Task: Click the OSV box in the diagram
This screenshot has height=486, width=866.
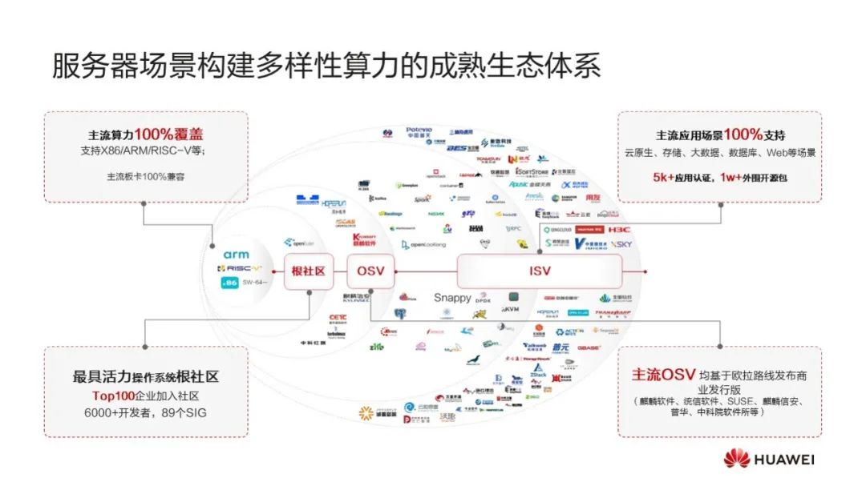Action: click(370, 271)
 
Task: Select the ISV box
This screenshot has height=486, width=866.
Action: click(540, 271)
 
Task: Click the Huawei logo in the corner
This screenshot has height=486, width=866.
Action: click(769, 460)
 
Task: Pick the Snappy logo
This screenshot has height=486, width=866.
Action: click(452, 298)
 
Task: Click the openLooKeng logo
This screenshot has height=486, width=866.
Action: click(423, 245)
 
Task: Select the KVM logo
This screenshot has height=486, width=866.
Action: click(510, 308)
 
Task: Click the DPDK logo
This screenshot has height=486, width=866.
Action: click(483, 301)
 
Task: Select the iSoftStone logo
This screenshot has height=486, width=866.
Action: click(532, 171)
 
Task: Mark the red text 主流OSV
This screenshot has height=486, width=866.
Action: click(662, 375)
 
